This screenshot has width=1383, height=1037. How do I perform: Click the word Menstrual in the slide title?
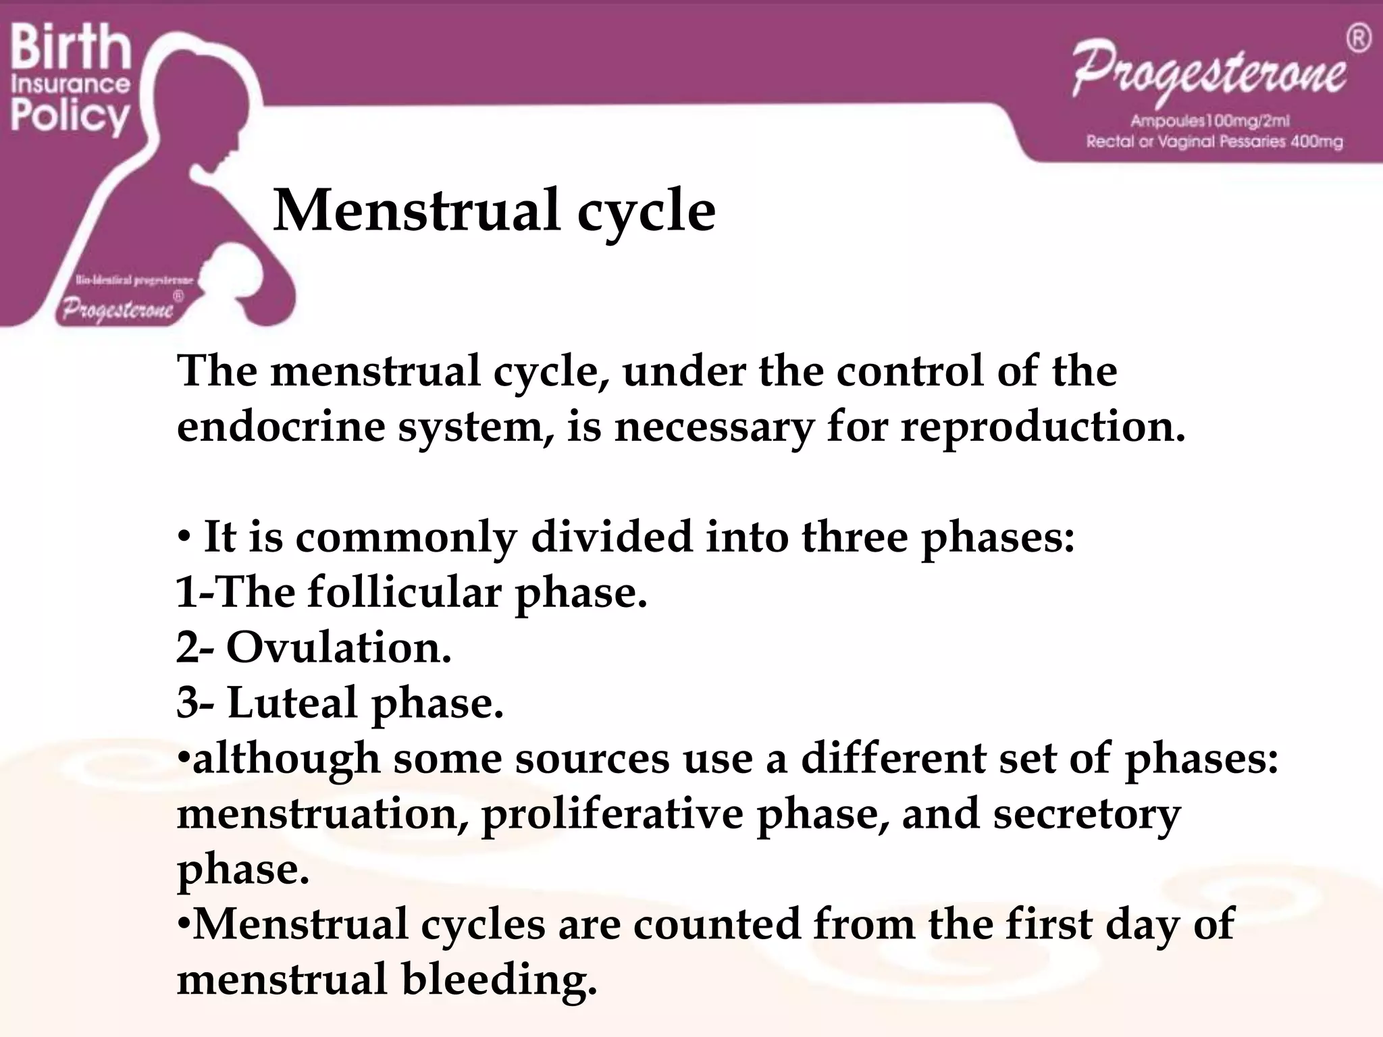(416, 211)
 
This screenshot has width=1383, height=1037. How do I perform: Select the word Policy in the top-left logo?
(70, 116)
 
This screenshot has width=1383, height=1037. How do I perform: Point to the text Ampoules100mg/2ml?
(1210, 122)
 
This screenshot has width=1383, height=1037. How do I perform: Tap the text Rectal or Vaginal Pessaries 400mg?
(1214, 142)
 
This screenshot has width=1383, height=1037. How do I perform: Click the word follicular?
(405, 593)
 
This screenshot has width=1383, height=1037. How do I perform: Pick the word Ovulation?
(338, 648)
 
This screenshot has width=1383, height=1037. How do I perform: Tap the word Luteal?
(292, 703)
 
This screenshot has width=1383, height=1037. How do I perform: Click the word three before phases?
(854, 537)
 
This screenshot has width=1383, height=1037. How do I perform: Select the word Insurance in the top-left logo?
(70, 84)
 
